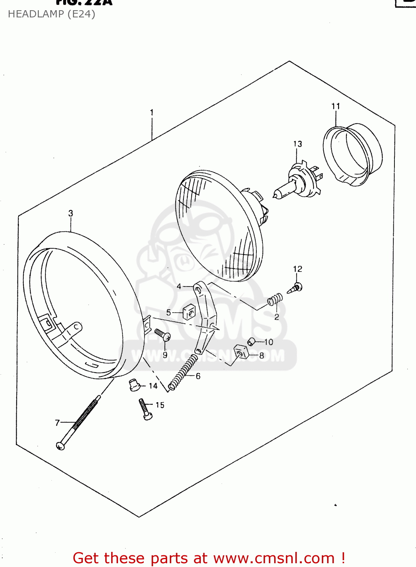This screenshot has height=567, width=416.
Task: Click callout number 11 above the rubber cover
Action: pos(336,106)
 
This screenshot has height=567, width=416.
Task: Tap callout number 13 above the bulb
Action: pos(298,144)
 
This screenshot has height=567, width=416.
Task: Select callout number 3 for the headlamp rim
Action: pos(71,213)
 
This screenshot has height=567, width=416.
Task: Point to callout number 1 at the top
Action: pos(152,112)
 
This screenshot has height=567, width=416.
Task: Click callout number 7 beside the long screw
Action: pos(57,423)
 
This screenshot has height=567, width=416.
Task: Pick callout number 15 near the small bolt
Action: pos(160,405)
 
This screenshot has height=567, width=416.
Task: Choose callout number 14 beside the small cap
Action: pos(153,386)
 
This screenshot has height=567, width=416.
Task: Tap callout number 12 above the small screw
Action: pos(298,269)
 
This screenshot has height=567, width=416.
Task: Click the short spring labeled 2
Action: pos(275,300)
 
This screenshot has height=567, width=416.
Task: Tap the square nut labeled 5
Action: pos(189,312)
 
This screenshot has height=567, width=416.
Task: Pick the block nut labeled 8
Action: pos(241,352)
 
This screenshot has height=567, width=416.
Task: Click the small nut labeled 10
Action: pos(250,342)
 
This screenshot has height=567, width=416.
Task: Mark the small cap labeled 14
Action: pos(134,385)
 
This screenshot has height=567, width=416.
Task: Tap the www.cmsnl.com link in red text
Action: pos(274,558)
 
